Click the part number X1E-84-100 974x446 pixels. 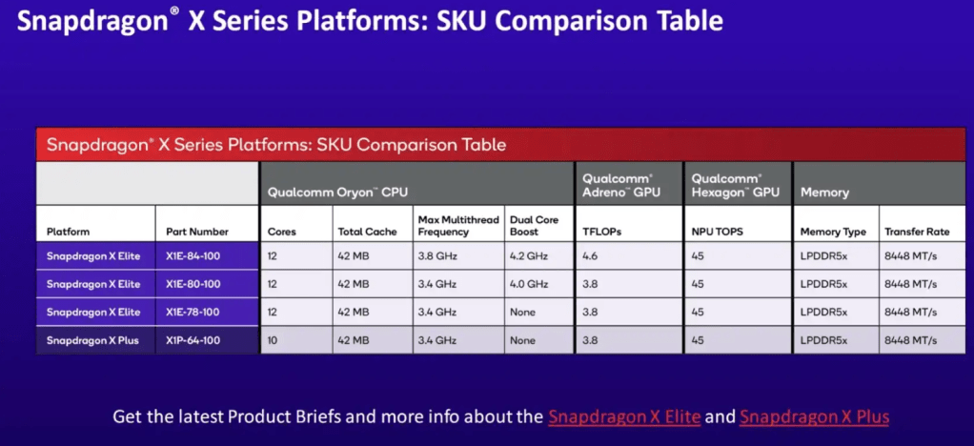[193, 256]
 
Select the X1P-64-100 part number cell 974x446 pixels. [193, 340]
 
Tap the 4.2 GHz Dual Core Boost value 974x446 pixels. [529, 256]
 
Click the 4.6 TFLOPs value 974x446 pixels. [590, 256]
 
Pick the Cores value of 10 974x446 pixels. [273, 340]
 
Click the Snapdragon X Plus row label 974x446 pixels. [92, 340]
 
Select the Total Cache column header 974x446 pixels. [367, 232]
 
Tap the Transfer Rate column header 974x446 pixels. [918, 232]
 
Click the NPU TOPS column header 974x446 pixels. [717, 232]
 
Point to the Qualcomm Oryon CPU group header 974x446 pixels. [337, 193]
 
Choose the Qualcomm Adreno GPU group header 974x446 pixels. [621, 185]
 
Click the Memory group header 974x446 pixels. [824, 193]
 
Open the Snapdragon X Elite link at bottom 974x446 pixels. [625, 416]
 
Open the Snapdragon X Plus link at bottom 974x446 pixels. [814, 416]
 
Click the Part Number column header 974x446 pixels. [197, 232]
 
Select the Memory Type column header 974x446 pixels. [833, 232]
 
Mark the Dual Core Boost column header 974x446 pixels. [535, 226]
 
